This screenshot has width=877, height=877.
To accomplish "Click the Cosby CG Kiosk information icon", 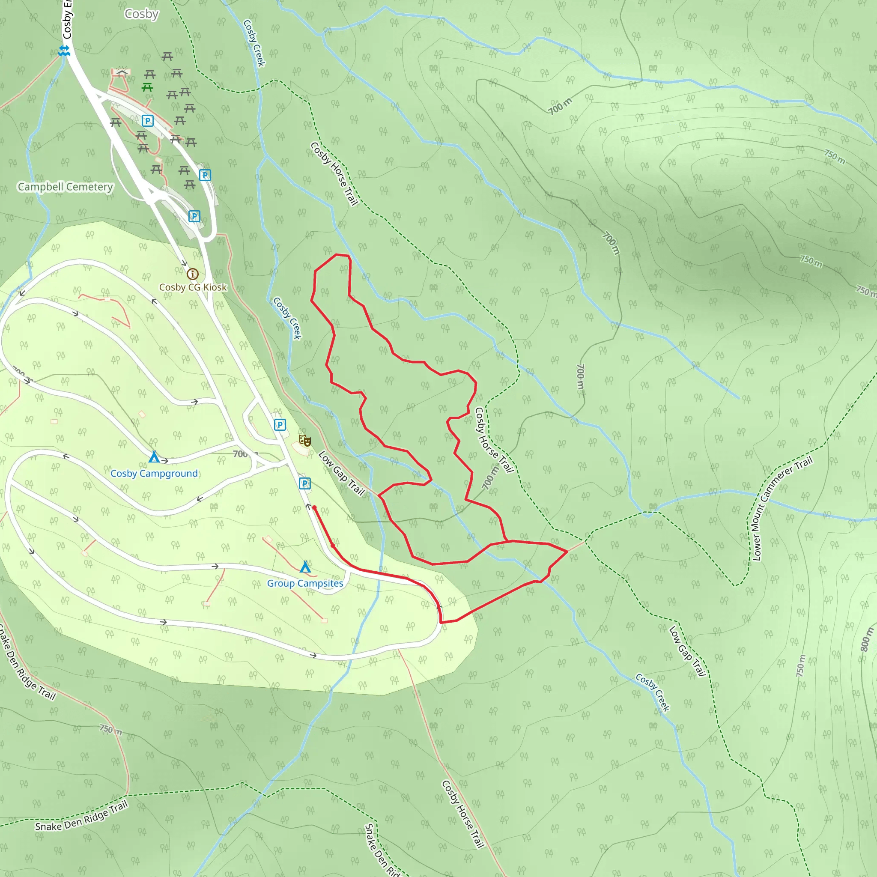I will (192, 274).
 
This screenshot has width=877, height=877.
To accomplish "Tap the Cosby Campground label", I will (154, 474).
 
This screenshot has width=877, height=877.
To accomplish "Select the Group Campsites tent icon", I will (305, 567).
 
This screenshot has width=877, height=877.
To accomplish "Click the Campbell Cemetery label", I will (66, 187).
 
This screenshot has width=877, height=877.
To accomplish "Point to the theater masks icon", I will (304, 440).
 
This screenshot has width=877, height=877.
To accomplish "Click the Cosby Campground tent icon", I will (154, 456).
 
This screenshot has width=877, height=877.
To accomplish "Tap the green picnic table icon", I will (147, 87).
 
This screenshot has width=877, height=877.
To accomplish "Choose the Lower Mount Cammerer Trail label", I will (779, 509).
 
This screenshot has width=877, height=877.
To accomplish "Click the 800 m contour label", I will (865, 640).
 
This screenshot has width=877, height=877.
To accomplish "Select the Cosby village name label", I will (142, 14).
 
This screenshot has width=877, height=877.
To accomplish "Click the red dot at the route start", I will (314, 508).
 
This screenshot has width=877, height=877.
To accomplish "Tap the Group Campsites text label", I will (305, 583).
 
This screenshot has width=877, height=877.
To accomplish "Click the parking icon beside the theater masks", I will (280, 425).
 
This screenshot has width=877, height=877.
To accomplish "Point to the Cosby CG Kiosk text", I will (192, 287).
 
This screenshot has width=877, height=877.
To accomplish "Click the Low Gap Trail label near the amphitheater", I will (341, 473).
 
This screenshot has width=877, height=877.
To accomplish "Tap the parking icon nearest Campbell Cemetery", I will (148, 121).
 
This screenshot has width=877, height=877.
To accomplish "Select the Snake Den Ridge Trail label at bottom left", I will (82, 816).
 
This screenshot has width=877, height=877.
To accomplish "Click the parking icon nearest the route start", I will (304, 483).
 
